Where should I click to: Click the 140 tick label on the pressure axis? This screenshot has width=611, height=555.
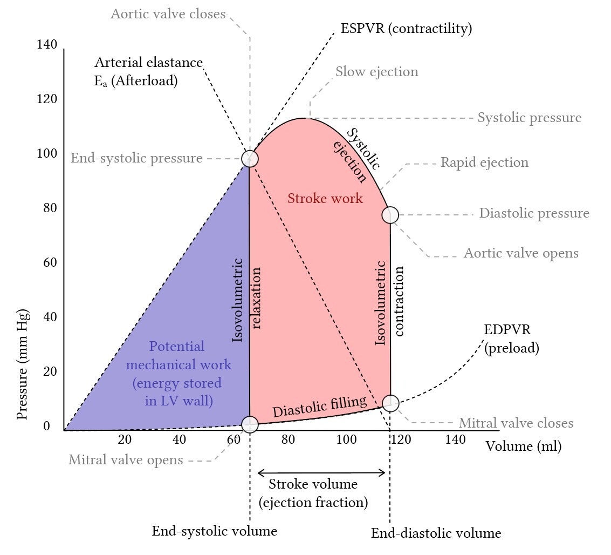(x=47, y=44)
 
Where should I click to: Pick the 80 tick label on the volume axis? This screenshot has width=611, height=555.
(x=288, y=439)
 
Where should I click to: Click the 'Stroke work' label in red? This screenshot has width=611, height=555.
(x=325, y=198)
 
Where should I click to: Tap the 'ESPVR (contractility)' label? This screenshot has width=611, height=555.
(x=406, y=29)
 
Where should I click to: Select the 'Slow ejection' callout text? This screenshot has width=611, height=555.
(x=377, y=72)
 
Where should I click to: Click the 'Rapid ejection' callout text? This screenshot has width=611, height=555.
(x=484, y=163)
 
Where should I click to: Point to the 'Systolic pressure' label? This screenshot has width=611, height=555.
(x=530, y=117)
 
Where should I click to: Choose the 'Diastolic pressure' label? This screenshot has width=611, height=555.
(x=534, y=213)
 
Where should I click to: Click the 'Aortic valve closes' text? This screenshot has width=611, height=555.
(x=168, y=14)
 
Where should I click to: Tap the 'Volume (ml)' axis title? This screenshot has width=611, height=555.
(x=523, y=446)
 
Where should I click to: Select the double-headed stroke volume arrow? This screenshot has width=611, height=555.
(x=321, y=473)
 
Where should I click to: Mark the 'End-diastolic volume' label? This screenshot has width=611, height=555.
(x=436, y=533)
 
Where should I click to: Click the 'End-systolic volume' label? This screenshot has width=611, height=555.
(x=214, y=531)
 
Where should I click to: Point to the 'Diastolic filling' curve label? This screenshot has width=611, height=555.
(x=320, y=407)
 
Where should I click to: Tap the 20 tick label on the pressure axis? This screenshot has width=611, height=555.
(x=50, y=371)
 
